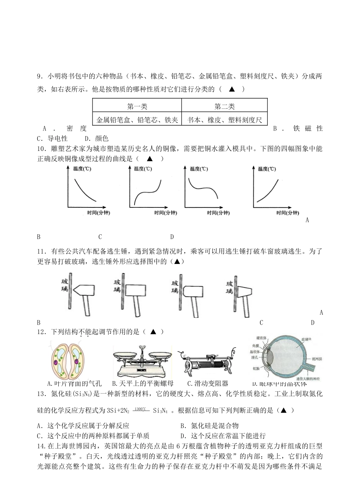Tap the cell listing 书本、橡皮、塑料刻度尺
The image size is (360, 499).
(224, 120)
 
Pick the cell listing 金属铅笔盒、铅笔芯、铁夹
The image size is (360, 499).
(137, 120)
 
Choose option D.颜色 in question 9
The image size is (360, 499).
(97, 138)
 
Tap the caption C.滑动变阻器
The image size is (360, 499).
(208, 383)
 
